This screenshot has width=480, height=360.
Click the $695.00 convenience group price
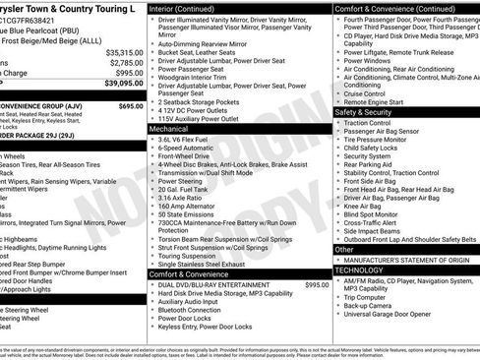click(131, 105)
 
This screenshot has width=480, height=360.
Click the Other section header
click(344, 250)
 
